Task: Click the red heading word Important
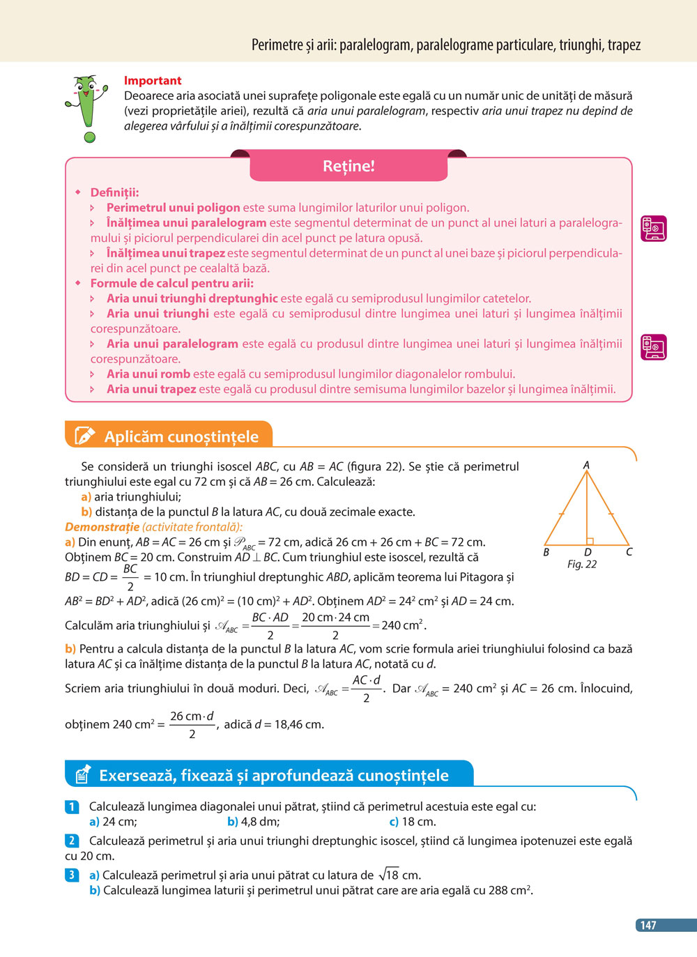(153, 81)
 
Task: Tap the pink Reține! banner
(348, 166)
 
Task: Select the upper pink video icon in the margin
(654, 228)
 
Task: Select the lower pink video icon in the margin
(654, 346)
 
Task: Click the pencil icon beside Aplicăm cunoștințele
(84, 436)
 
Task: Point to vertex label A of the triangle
(586, 465)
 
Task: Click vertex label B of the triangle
(546, 552)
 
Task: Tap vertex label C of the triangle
(629, 552)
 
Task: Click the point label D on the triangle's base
(588, 553)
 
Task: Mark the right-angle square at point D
(590, 541)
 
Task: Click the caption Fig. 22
(582, 565)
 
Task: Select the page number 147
(649, 925)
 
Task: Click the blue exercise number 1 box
(72, 806)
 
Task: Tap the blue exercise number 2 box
(72, 841)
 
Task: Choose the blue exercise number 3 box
(72, 875)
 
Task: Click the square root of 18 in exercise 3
(389, 874)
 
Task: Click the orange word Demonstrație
(102, 527)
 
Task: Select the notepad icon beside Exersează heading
(82, 774)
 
